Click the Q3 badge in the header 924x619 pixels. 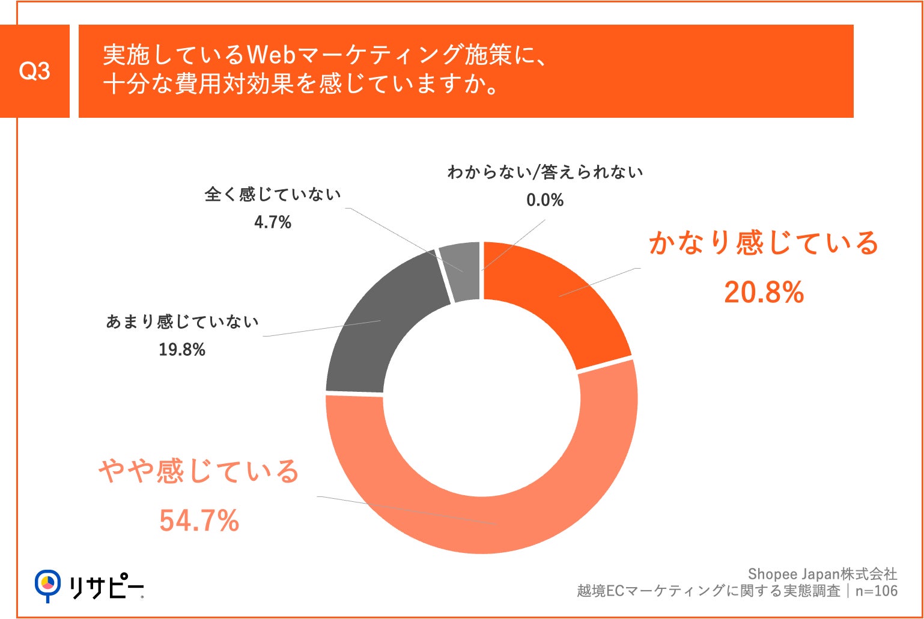click(35, 72)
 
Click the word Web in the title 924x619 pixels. click(270, 55)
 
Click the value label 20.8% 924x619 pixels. click(764, 293)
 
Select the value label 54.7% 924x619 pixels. click(199, 520)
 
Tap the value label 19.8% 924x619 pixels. click(181, 350)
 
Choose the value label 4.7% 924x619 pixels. click(272, 222)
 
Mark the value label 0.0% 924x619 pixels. click(544, 200)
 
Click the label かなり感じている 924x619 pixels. click(764, 243)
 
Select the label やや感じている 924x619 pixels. click(199, 471)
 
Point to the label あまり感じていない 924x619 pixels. click(182, 322)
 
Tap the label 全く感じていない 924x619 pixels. click(272, 195)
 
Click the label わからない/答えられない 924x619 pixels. click(544, 172)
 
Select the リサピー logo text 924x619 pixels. click(106, 587)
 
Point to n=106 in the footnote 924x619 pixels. click(876, 591)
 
